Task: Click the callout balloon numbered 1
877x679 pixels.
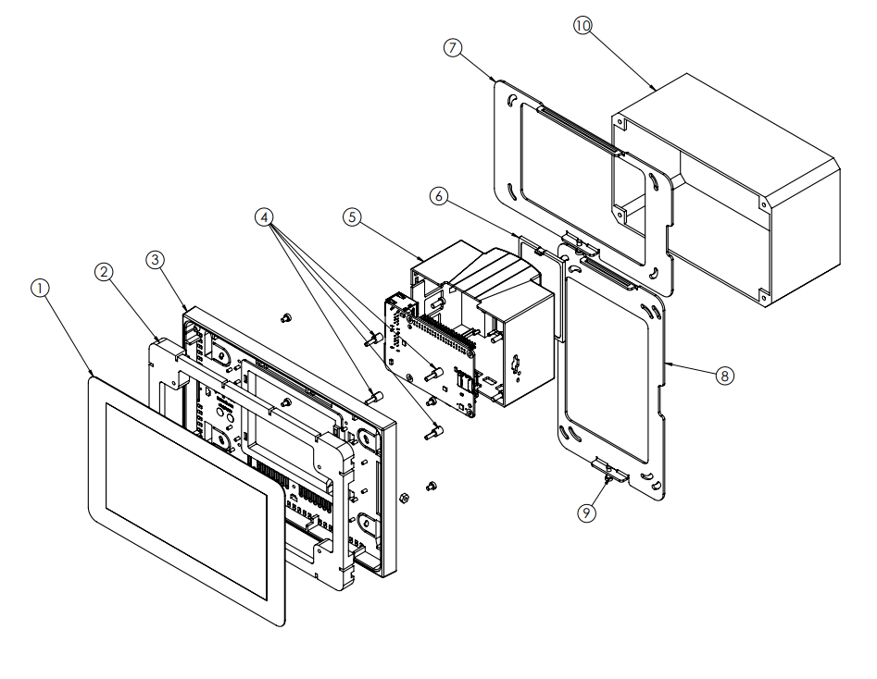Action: [39, 288]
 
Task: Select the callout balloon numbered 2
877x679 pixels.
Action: [105, 271]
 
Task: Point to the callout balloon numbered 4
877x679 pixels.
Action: [266, 217]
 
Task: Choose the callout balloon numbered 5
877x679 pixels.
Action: [350, 216]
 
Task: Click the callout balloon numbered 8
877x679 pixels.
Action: [723, 375]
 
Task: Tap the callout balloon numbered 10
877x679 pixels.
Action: [582, 26]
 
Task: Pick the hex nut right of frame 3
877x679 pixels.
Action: [404, 498]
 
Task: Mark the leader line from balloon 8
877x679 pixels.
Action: [691, 370]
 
